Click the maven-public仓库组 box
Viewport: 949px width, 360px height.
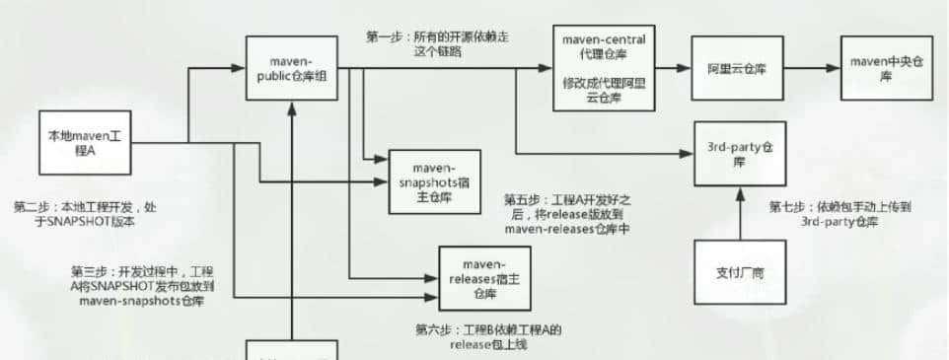(x=292, y=69)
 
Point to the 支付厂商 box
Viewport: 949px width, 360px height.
(x=740, y=273)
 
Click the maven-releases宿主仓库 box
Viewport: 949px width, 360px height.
(x=483, y=273)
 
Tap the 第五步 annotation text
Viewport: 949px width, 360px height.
(x=566, y=214)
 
